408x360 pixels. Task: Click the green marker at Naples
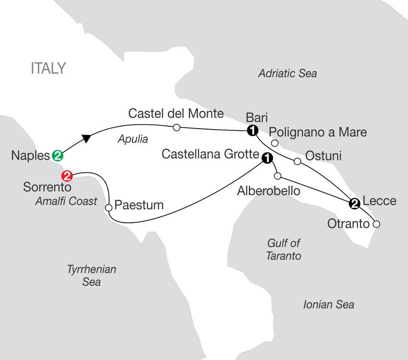click(57, 156)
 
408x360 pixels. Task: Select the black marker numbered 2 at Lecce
click(354, 204)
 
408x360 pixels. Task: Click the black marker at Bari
click(251, 131)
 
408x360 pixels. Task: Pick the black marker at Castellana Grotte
click(266, 157)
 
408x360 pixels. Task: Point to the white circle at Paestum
click(109, 207)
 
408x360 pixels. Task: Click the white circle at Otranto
click(377, 224)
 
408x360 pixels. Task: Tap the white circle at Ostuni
click(297, 161)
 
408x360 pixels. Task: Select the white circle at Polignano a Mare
click(274, 143)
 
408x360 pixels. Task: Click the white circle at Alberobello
click(278, 175)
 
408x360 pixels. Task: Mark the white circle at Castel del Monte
click(176, 128)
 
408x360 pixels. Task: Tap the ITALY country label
click(48, 69)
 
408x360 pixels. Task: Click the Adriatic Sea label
click(287, 73)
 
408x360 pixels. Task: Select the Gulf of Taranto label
click(284, 250)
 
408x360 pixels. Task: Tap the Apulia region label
click(133, 140)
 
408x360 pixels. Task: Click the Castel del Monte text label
click(176, 114)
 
